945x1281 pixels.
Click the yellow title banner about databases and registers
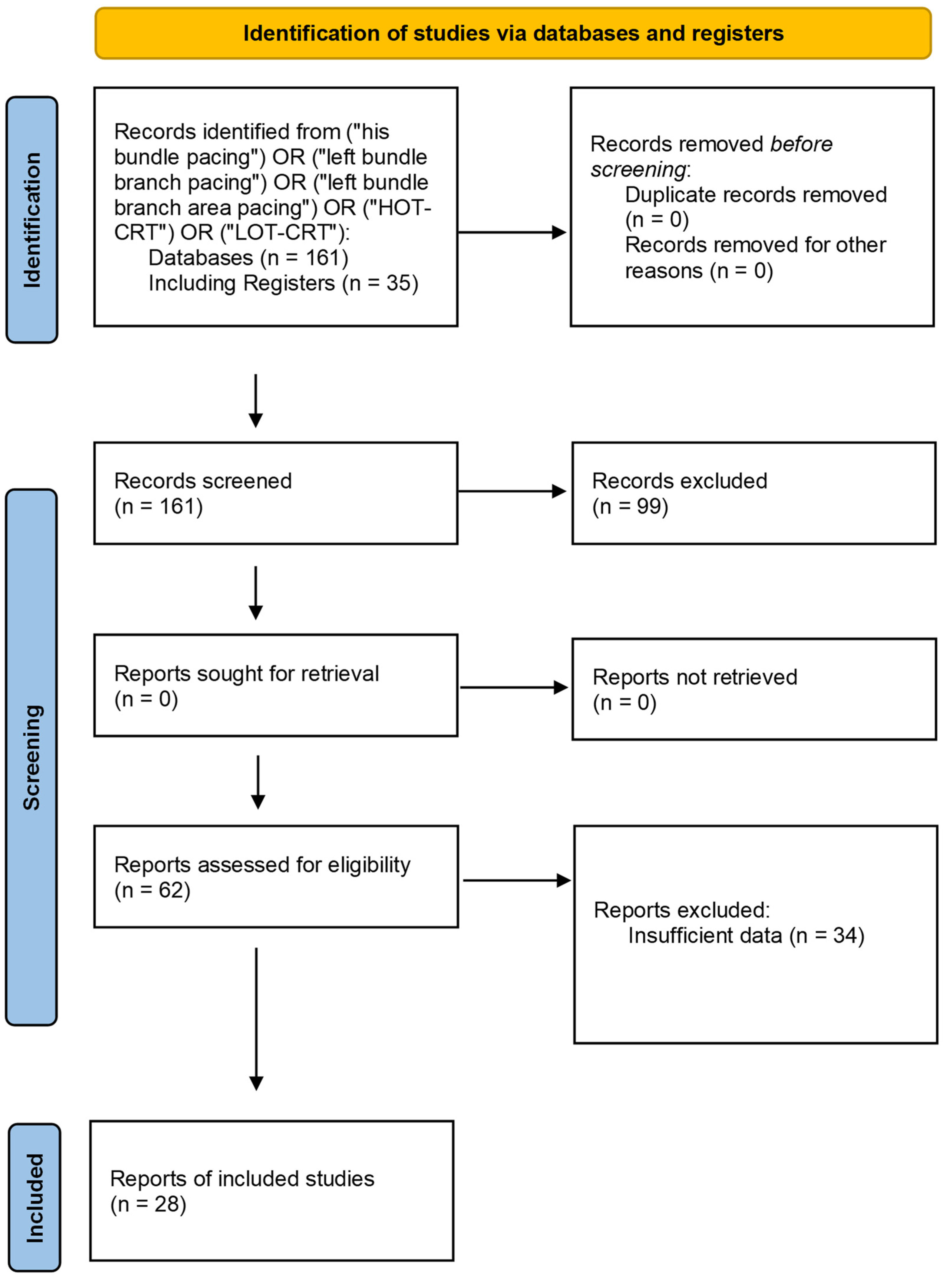click(x=513, y=33)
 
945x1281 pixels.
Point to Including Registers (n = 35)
click(x=283, y=283)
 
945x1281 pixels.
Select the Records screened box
click(x=276, y=493)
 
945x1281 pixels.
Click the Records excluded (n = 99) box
click(x=753, y=493)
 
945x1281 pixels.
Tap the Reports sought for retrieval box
click(x=276, y=685)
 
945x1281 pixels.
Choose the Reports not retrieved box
click(x=753, y=689)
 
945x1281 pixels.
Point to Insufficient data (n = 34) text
click(x=746, y=936)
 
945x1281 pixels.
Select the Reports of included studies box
click(x=272, y=1191)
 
